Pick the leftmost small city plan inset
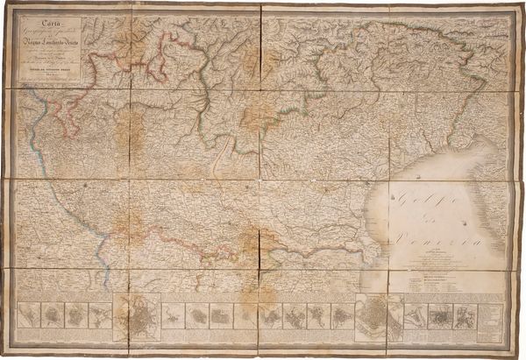[x=30, y=314]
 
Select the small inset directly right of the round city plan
[x=173, y=314]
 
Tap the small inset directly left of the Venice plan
[x=342, y=314]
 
